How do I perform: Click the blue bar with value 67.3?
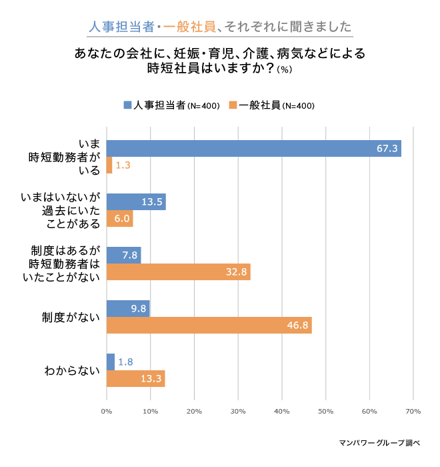(x=253, y=148)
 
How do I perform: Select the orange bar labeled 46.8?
(x=209, y=325)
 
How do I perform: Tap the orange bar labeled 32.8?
(x=178, y=272)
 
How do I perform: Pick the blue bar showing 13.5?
(x=136, y=201)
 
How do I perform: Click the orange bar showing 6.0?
(x=120, y=219)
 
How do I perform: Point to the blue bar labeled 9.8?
(x=128, y=308)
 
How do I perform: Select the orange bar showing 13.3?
(x=135, y=378)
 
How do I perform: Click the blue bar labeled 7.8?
(x=123, y=255)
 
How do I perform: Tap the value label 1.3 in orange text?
(x=123, y=165)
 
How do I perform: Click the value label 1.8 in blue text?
(x=125, y=362)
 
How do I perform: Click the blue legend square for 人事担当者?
(x=127, y=105)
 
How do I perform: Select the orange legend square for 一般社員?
(x=233, y=105)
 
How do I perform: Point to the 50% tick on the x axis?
(x=325, y=411)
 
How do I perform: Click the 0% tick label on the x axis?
(x=107, y=411)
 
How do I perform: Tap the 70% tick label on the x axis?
(x=412, y=411)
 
